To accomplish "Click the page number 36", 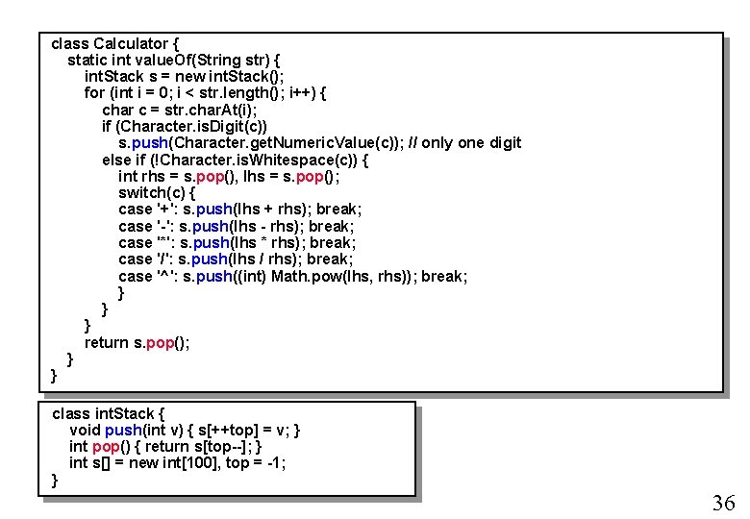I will [723, 503].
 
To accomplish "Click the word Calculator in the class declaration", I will [131, 43].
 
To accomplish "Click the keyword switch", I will [141, 192].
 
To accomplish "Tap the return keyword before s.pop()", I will [107, 342].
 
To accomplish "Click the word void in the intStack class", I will [85, 430].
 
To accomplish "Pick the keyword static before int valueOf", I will [87, 60].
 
